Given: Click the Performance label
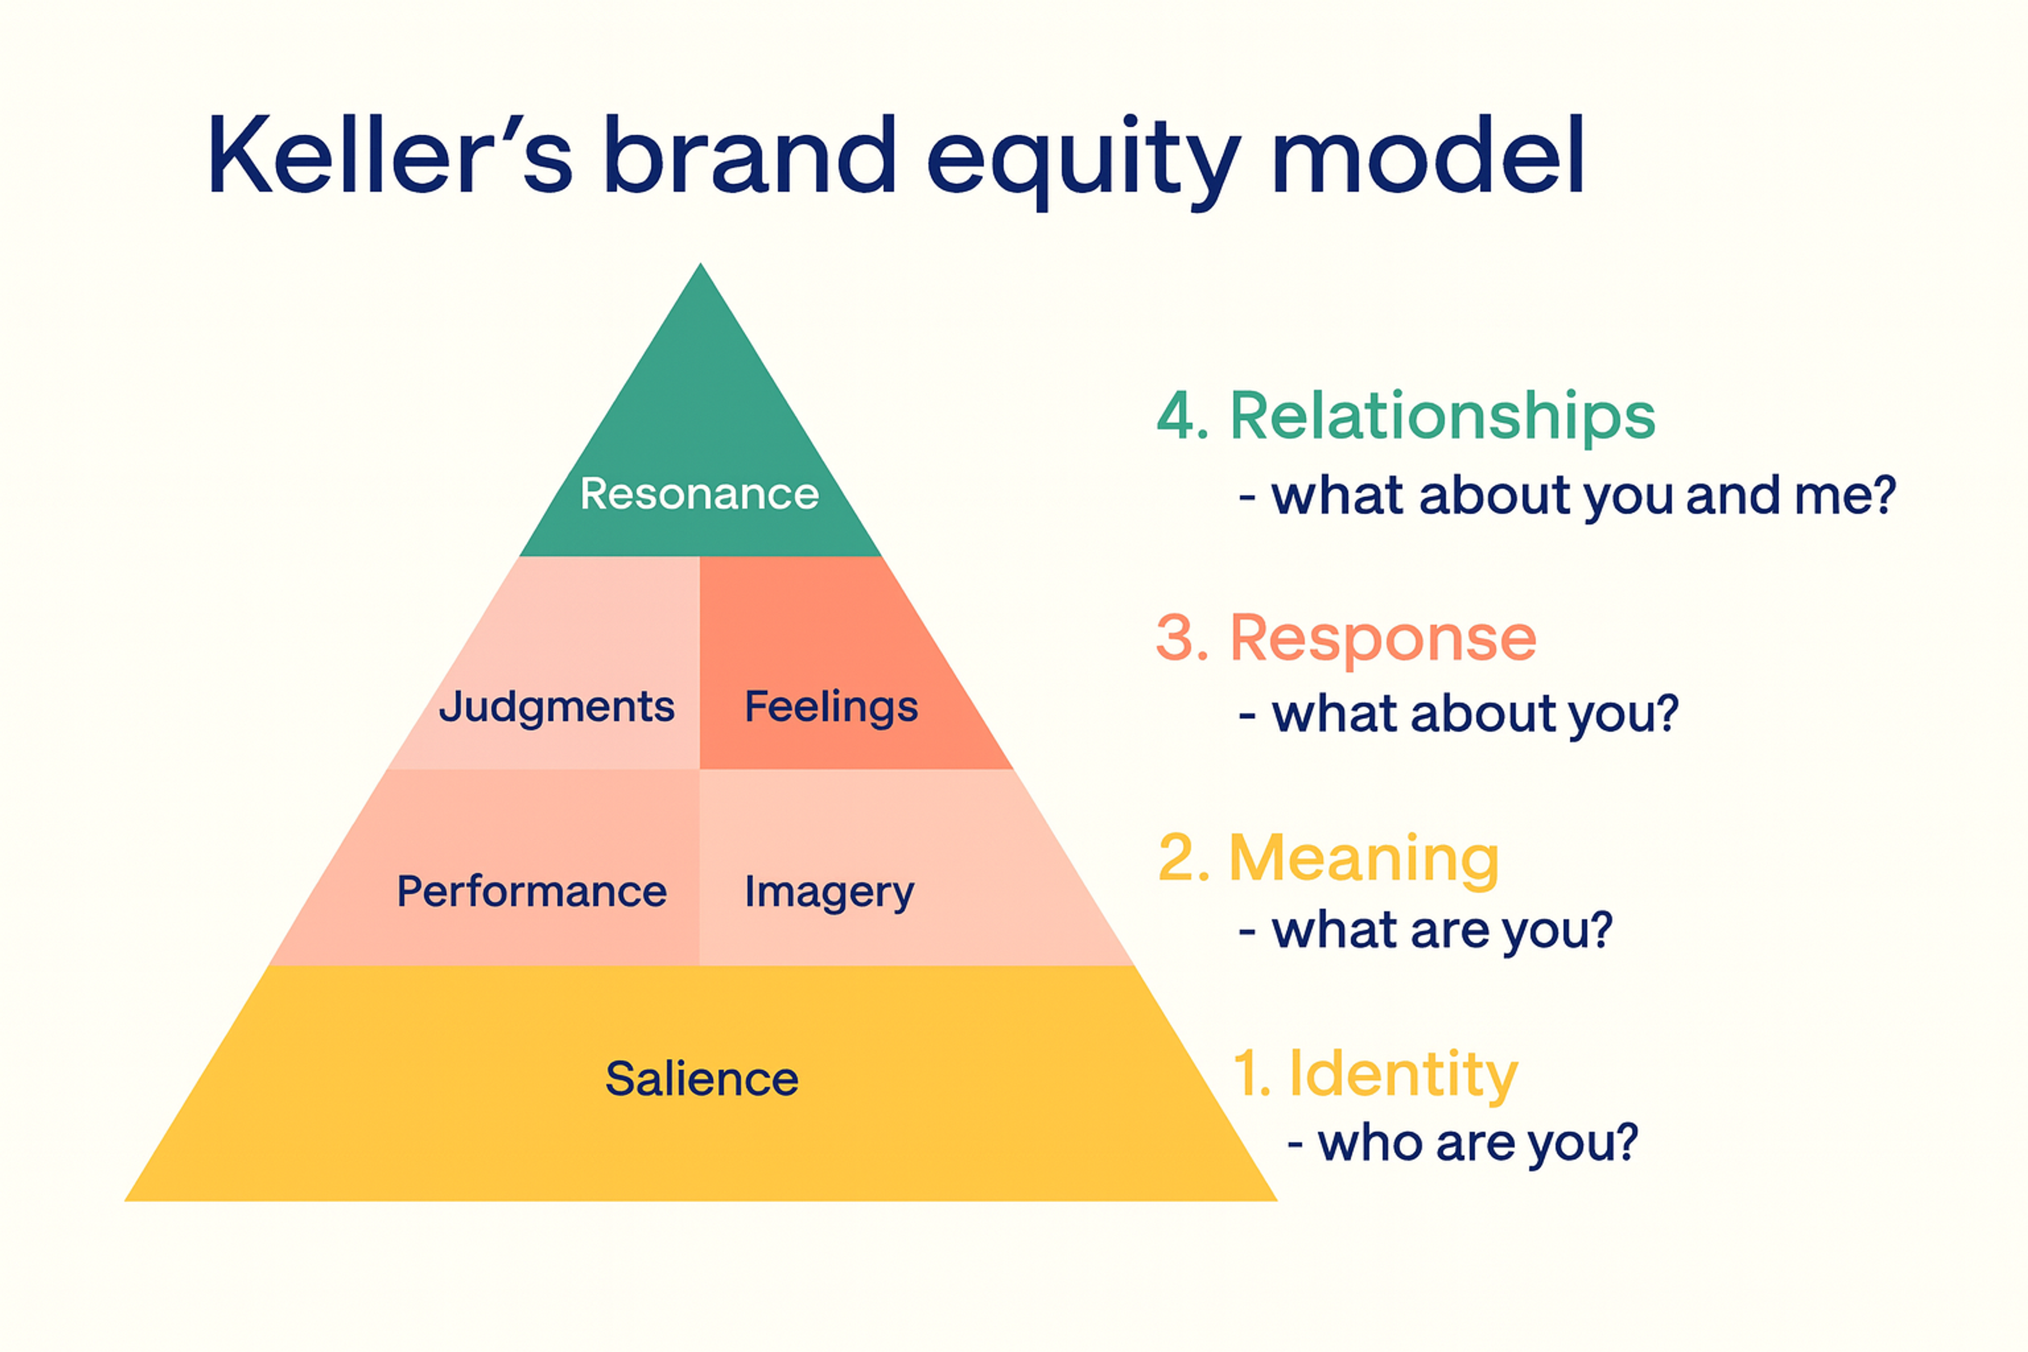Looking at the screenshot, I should pyautogui.click(x=531, y=891).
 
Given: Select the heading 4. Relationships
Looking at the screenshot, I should pyautogui.click(x=1405, y=417).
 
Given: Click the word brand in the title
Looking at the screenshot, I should pyautogui.click(x=749, y=155).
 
